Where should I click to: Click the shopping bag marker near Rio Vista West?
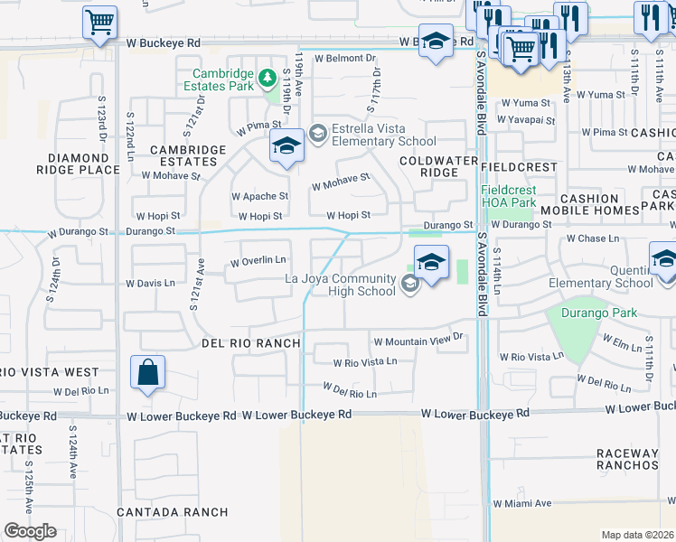147,373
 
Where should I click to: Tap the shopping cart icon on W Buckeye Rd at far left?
100,22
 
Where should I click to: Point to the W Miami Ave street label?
521,503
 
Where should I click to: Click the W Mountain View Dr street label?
418,341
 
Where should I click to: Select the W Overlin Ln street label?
259,262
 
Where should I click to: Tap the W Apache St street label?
259,195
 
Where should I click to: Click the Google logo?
30,530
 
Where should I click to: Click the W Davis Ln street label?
150,283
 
